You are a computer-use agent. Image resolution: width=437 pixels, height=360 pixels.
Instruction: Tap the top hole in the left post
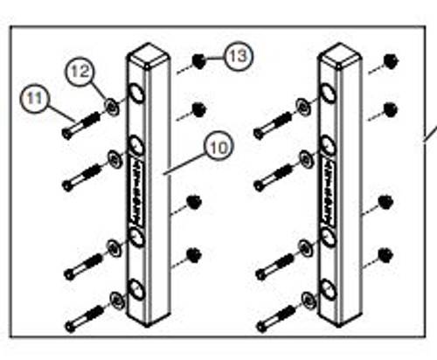pos(138,93)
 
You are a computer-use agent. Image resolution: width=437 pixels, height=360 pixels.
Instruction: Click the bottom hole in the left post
pos(138,289)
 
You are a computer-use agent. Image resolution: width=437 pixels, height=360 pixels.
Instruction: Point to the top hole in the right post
pos(329,93)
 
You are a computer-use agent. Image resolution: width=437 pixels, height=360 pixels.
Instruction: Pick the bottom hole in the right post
pos(329,289)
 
